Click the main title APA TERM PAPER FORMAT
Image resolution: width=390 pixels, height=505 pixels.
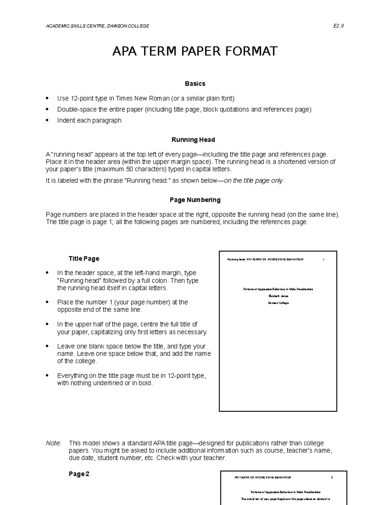point(195,51)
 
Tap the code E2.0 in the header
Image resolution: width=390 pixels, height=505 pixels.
point(338,26)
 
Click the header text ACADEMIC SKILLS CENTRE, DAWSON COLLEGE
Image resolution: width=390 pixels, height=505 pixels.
point(97,26)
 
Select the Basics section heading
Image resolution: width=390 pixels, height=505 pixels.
point(195,84)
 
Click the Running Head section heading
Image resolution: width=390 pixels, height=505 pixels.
point(193,140)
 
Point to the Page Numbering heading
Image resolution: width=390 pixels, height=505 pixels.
point(195,200)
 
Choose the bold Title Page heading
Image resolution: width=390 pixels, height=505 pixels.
point(84,259)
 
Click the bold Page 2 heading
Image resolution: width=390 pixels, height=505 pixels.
point(79,474)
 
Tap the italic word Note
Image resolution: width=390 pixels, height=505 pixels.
point(53,443)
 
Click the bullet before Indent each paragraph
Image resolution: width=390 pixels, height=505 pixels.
point(47,120)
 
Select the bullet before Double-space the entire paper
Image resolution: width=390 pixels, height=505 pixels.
point(47,109)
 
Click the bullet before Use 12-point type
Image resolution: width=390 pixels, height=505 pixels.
point(47,98)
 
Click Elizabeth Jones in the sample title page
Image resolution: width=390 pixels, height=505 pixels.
point(278,296)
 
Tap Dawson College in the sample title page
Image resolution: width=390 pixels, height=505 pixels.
point(278,303)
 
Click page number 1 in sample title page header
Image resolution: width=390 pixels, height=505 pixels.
point(324,259)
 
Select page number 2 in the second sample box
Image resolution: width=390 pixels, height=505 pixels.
point(332,478)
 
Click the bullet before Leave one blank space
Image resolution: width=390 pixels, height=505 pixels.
point(47,347)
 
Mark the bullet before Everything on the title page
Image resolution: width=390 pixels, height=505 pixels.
point(47,376)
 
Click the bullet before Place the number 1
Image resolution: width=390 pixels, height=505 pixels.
point(47,302)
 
